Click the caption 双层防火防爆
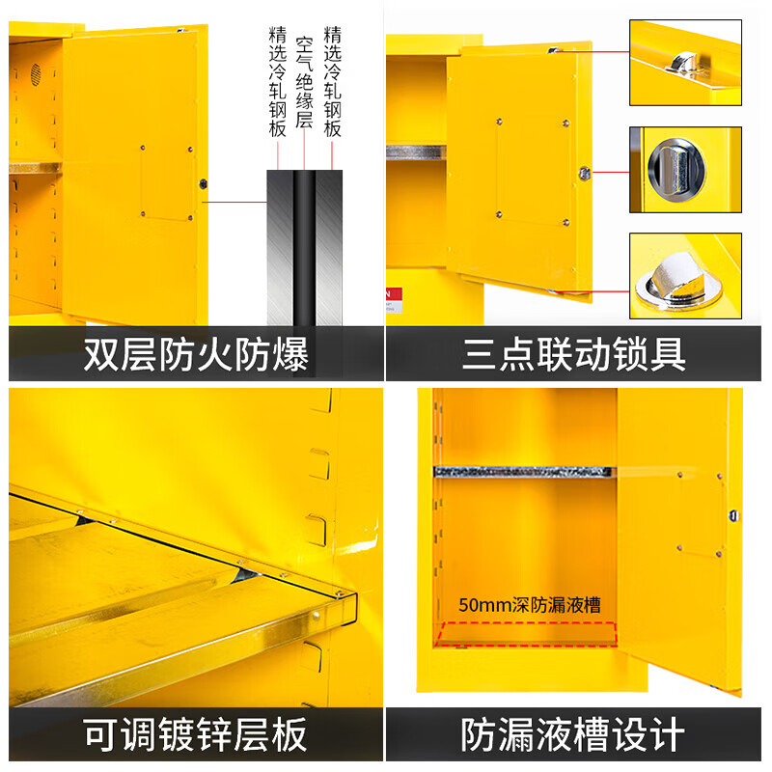pos(196,354)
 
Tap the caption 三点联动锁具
pos(574,354)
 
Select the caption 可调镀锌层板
pos(196,734)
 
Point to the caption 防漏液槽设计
pos(573,734)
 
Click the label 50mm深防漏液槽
pos(530,605)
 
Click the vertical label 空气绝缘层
pos(304,82)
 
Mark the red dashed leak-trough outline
pos(526,634)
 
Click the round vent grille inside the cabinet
pos(36,75)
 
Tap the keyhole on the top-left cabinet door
pos(203,184)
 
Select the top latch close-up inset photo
pos(686,63)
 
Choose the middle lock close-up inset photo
pos(686,170)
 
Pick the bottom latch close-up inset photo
pos(686,276)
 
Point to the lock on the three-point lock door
pos(585,174)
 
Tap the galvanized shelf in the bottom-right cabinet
pos(524,472)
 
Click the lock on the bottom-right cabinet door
pos(733,515)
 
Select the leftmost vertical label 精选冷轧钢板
pos(277,82)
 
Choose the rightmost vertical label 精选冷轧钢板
pos(332,82)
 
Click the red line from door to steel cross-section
pos(234,202)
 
